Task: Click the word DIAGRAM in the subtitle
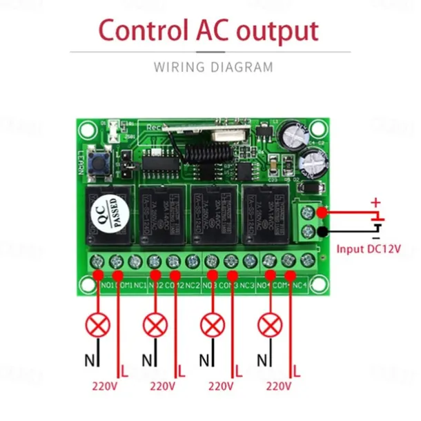pyautogui.click(x=241, y=68)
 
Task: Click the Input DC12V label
pyautogui.click(x=369, y=248)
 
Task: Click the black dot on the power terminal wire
pyautogui.click(x=321, y=231)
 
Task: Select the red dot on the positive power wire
pyautogui.click(x=321, y=212)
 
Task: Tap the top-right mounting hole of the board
pyautogui.click(x=318, y=128)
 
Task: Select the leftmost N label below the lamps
pyautogui.click(x=88, y=359)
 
